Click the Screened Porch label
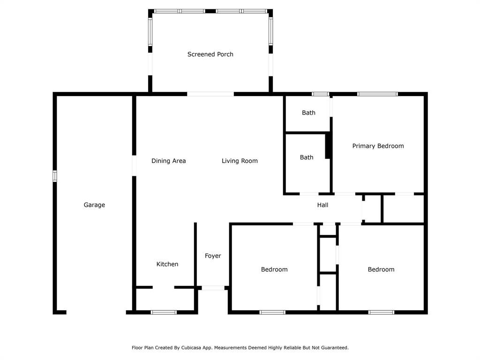(x=210, y=54)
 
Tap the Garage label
(x=94, y=205)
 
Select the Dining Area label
(x=168, y=161)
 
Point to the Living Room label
(x=240, y=161)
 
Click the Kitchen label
(x=167, y=264)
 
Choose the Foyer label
(x=213, y=256)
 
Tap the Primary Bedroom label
(x=378, y=146)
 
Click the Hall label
(x=322, y=205)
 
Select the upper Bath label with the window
(x=308, y=112)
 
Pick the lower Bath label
(x=307, y=157)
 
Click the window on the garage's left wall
(x=55, y=176)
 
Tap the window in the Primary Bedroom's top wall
(x=377, y=94)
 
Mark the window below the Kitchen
(x=164, y=312)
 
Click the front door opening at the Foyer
(x=213, y=288)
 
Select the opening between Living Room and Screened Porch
(x=210, y=94)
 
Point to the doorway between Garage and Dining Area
(x=134, y=165)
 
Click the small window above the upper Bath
(x=321, y=94)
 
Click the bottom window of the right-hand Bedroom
(x=381, y=312)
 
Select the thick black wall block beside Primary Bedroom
(x=329, y=146)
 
